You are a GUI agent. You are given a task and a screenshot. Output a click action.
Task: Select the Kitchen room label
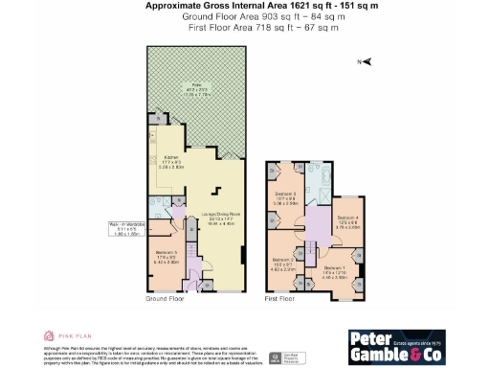click(x=172, y=161)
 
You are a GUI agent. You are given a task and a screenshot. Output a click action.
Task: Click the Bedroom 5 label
click(x=167, y=256)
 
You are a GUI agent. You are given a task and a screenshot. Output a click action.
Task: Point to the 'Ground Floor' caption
click(x=165, y=301)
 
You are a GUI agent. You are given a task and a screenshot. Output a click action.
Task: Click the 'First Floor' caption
click(x=282, y=301)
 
